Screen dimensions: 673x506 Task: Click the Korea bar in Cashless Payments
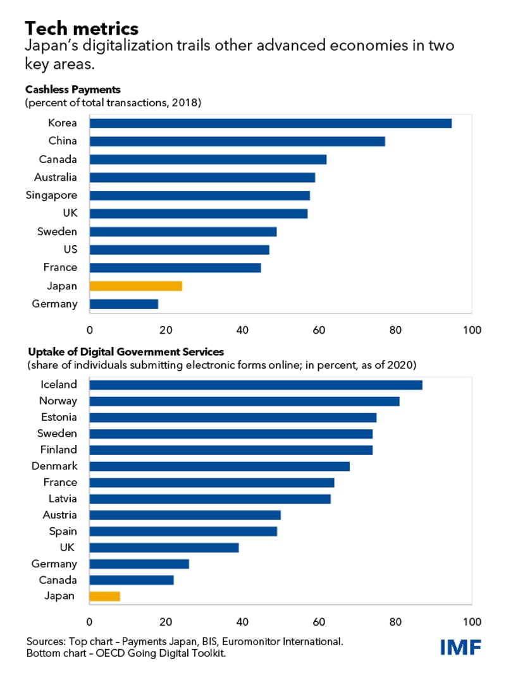(x=271, y=123)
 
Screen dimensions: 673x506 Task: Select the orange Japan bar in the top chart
(x=136, y=286)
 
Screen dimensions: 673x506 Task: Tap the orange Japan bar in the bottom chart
(x=105, y=596)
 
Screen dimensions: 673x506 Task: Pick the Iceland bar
(x=256, y=384)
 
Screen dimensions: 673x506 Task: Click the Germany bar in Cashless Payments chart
(x=124, y=304)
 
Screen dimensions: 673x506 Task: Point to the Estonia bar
(x=233, y=417)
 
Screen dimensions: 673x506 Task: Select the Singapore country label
(x=51, y=195)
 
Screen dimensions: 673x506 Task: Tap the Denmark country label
(x=54, y=466)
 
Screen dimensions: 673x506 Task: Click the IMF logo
(x=461, y=647)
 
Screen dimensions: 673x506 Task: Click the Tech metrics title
(x=82, y=28)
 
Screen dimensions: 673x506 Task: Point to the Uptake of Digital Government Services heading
(x=125, y=351)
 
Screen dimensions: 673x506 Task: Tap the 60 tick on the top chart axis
(x=319, y=329)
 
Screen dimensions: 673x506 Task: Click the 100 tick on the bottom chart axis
(x=471, y=621)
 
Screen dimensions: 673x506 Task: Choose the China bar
(x=237, y=141)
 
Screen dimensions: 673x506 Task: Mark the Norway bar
(x=245, y=401)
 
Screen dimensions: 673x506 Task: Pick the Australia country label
(x=56, y=177)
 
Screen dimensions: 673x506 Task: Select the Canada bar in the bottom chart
(x=132, y=580)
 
